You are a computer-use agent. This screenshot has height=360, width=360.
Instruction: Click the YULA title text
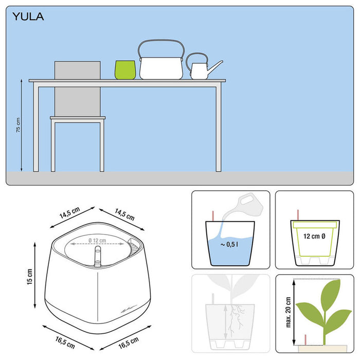click(28, 17)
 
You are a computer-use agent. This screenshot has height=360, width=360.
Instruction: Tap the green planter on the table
click(125, 69)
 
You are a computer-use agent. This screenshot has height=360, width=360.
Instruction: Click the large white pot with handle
click(161, 67)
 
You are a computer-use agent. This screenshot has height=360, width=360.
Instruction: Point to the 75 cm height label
click(18, 125)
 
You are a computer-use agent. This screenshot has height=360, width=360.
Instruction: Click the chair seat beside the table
click(77, 118)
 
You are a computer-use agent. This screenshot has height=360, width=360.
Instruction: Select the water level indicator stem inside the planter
click(97, 257)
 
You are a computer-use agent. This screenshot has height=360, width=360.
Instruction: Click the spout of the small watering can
click(215, 66)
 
